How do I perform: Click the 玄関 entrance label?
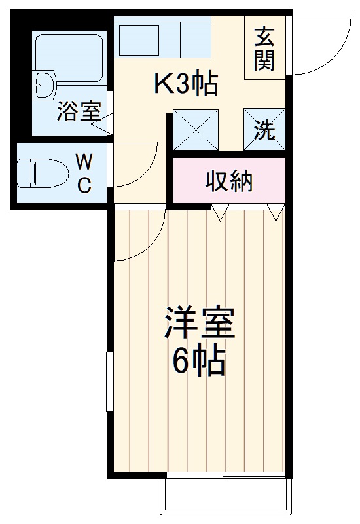tap(265, 50)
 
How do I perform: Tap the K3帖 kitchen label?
tap(185, 84)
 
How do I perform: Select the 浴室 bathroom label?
tap(78, 111)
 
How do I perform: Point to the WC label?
tap(84, 173)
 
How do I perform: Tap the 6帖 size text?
tap(200, 360)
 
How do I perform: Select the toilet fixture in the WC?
tap(43, 174)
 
